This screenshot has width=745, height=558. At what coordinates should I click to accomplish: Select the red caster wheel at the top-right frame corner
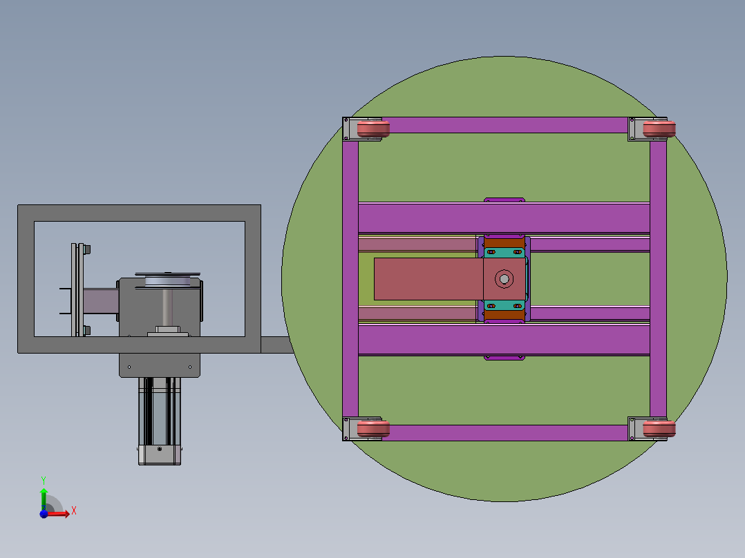click(x=659, y=129)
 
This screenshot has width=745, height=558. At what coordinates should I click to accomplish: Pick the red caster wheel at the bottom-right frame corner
click(x=659, y=430)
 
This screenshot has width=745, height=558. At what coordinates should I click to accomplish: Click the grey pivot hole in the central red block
click(x=503, y=279)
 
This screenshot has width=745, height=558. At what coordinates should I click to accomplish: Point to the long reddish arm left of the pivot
click(x=428, y=279)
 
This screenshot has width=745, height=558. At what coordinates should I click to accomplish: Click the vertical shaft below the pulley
click(x=168, y=308)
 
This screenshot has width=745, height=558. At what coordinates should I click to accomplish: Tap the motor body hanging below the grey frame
click(x=160, y=414)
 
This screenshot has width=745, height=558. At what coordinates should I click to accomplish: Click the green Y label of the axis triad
click(x=43, y=479)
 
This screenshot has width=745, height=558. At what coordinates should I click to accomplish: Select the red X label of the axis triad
click(x=73, y=511)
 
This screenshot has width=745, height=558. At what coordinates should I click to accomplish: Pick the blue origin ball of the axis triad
click(x=44, y=513)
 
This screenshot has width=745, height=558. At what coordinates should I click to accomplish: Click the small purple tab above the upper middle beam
click(x=504, y=200)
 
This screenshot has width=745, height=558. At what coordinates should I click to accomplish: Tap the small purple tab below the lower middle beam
click(x=504, y=357)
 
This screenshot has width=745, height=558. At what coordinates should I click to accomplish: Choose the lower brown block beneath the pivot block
click(x=504, y=315)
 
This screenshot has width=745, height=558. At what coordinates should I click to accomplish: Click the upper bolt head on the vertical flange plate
click(x=88, y=250)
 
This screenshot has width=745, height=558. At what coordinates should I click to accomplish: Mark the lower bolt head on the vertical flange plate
click(x=88, y=331)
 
